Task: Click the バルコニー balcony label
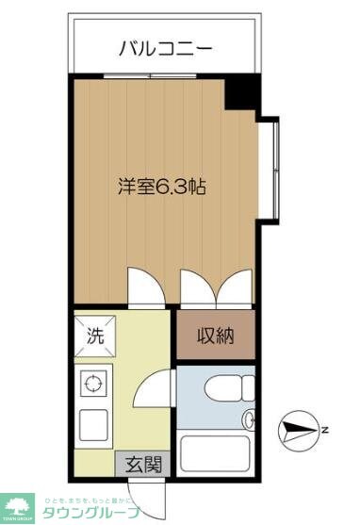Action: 166,47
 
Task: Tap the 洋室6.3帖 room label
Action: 162,186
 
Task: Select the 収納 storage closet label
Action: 216,335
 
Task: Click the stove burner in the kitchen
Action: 93,384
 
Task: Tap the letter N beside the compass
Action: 323,431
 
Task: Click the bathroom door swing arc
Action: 162,386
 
